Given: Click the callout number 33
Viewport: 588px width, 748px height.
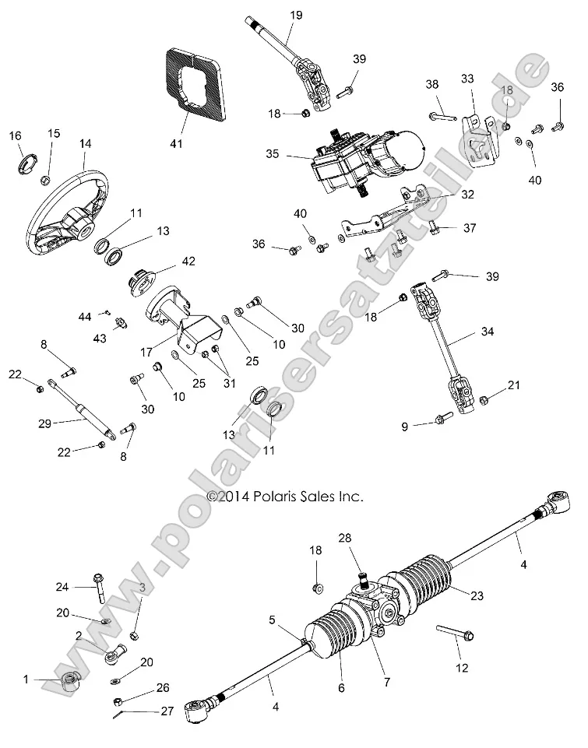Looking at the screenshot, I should click(x=467, y=78).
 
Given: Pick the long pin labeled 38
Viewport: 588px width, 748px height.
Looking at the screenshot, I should click(x=442, y=118).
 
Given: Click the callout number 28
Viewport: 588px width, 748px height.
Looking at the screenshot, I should click(x=345, y=538).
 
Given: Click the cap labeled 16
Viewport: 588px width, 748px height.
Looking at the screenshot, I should click(x=29, y=163).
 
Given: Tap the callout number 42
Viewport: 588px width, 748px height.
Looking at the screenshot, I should click(x=188, y=261).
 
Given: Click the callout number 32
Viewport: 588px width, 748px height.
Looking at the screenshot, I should click(x=467, y=195).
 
